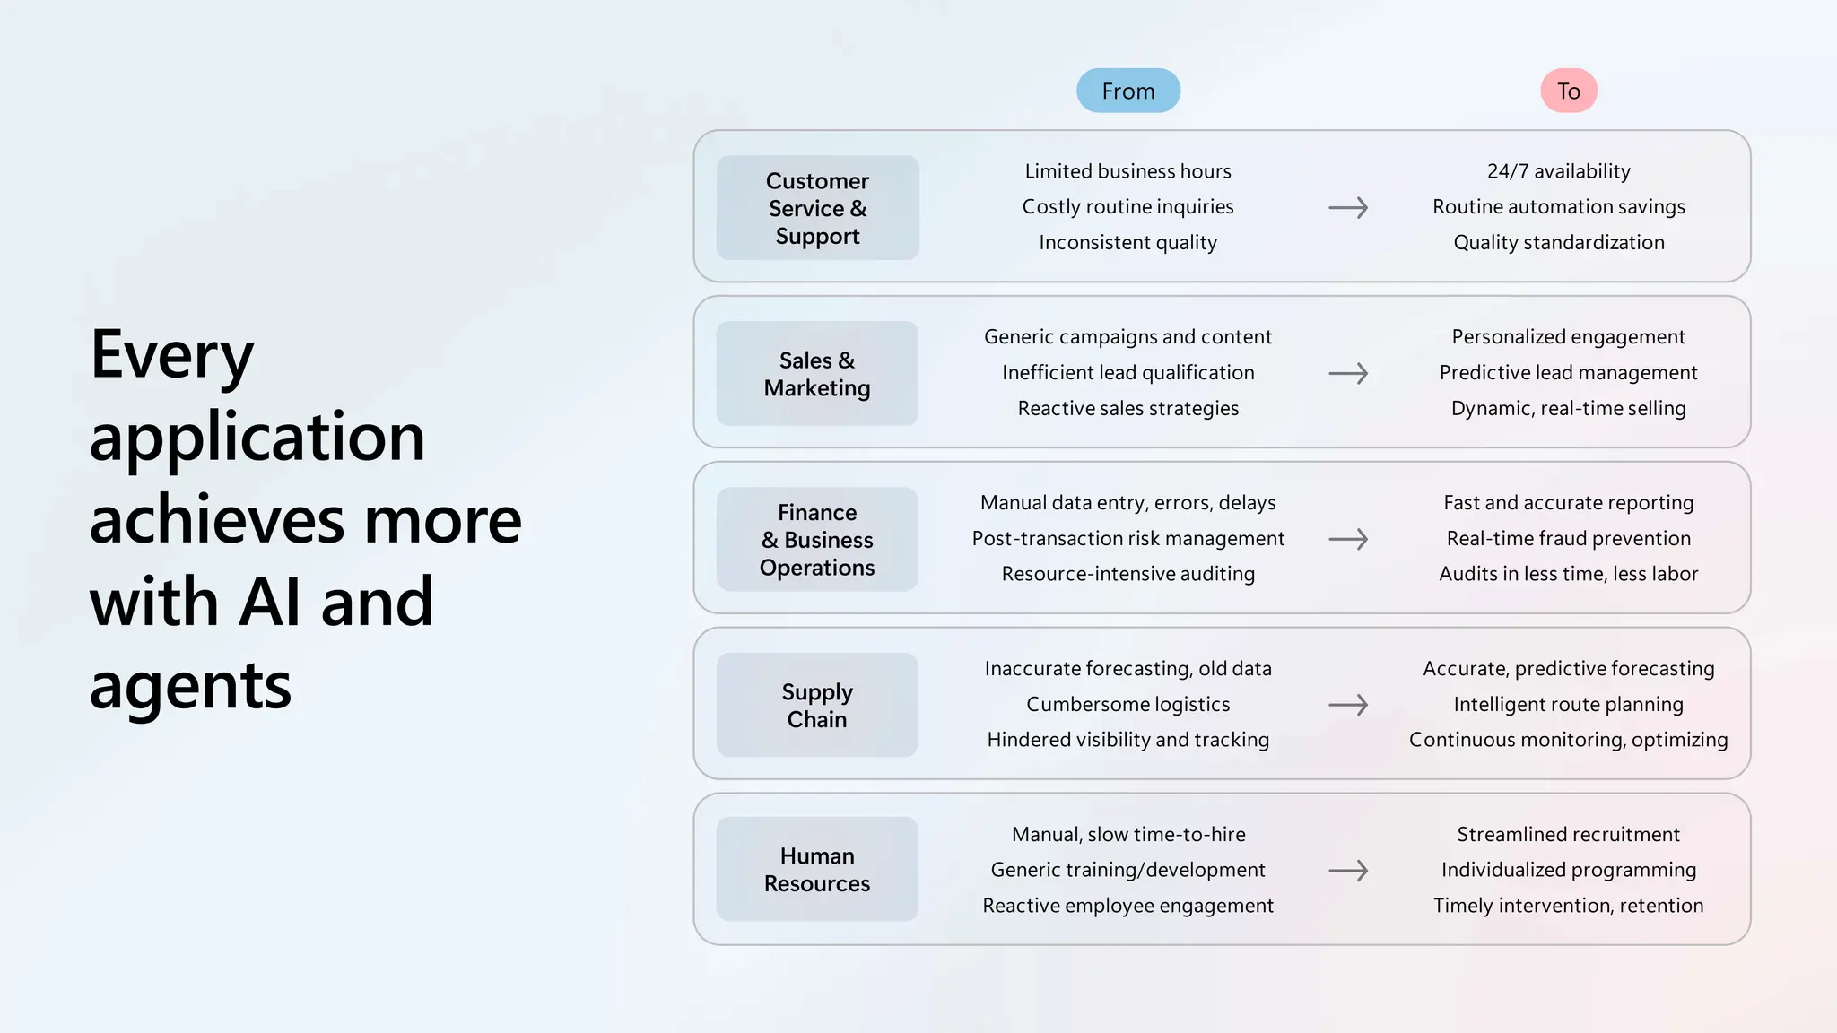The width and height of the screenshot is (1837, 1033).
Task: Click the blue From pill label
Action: click(1127, 91)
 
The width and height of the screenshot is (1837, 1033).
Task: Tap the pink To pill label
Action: click(1568, 91)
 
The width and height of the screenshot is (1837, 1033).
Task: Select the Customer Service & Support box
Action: click(817, 208)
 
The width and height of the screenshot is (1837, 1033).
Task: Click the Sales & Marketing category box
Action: click(817, 374)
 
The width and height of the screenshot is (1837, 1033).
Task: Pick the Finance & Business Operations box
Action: click(817, 540)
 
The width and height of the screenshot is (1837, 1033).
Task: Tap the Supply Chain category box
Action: click(817, 706)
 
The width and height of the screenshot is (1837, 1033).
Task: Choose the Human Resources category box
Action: click(817, 870)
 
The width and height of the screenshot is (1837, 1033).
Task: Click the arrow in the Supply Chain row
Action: click(1348, 705)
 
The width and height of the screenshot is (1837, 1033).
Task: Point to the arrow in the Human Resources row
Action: click(1348, 871)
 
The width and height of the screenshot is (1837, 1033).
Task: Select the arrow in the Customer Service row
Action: click(1348, 208)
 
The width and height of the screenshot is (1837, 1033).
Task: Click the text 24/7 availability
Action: click(1559, 171)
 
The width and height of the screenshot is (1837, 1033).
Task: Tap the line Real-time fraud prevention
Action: click(1568, 538)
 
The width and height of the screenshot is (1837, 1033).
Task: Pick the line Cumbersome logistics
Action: click(1127, 704)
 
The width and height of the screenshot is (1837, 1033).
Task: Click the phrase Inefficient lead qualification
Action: click(1127, 372)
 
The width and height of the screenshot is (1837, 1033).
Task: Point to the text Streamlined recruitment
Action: click(1568, 834)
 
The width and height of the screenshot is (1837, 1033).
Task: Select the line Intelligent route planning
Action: click(1568, 704)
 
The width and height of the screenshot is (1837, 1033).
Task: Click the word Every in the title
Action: click(172, 356)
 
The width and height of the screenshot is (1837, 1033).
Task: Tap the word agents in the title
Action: click(190, 686)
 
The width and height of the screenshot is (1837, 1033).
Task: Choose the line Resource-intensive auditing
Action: click(1127, 574)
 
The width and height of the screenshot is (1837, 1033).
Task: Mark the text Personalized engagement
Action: click(1568, 337)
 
